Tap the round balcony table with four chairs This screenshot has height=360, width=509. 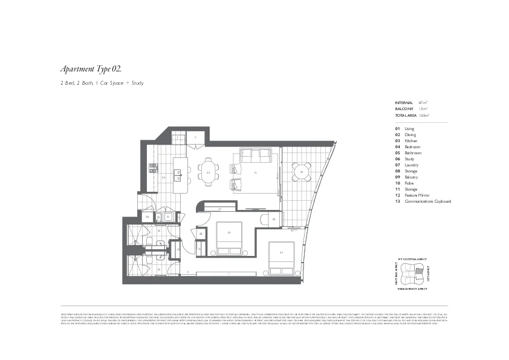point(301,172)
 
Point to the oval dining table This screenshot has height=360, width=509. point(209,172)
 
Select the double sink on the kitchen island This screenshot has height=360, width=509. point(178,175)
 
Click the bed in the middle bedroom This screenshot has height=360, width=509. point(229,241)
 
